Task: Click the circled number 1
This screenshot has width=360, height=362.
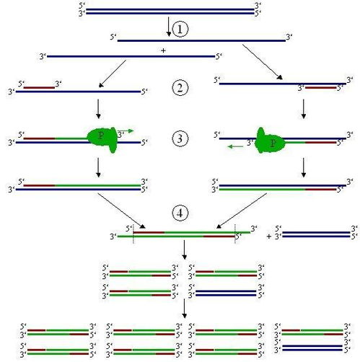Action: point(180,29)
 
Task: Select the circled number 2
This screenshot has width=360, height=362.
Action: point(180,87)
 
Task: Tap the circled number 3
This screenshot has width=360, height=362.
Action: point(180,138)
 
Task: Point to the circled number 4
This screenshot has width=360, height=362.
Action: point(180,213)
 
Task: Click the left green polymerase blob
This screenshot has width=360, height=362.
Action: point(102,139)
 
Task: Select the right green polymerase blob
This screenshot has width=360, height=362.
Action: point(269,141)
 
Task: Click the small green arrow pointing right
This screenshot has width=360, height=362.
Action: point(126,131)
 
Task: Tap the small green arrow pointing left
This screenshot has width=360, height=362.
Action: point(235,146)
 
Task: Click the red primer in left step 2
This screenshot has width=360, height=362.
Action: point(39,88)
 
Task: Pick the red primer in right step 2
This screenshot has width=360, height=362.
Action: point(321,88)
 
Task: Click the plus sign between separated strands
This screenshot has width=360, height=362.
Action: point(163,50)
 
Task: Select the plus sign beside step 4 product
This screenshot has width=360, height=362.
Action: point(269,237)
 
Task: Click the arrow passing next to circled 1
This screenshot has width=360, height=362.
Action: point(169,27)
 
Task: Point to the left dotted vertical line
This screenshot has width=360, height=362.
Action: point(133,234)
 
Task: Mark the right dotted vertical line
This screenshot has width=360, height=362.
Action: point(235,234)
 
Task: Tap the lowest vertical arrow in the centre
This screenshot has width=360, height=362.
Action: point(185,309)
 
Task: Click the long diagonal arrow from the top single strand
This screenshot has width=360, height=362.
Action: point(263,62)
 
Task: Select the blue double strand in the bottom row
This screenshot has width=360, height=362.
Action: point(312,348)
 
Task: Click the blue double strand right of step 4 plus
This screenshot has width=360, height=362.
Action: point(316,234)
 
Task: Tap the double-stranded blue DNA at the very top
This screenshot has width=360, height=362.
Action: point(170,12)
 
